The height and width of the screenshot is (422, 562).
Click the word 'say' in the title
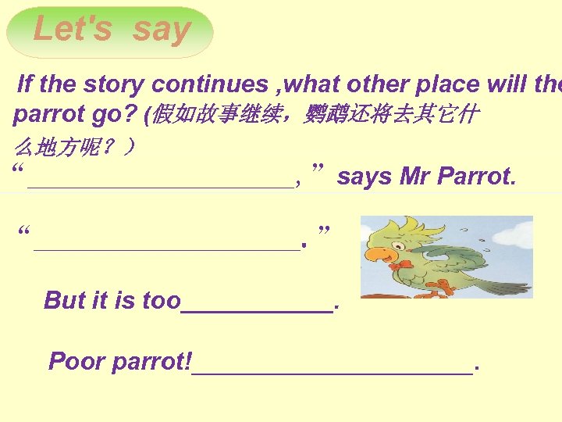pyautogui.click(x=162, y=30)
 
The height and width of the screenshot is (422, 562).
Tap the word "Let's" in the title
pyautogui.click(x=73, y=30)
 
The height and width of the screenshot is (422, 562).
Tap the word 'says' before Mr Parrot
pyautogui.click(x=365, y=177)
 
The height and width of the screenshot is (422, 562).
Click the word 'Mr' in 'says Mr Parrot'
pyautogui.click(x=414, y=177)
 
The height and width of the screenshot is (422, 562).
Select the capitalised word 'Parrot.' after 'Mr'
pyautogui.click(x=477, y=177)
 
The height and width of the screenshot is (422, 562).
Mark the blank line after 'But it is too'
pyautogui.click(x=257, y=310)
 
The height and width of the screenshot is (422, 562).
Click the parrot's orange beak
pyautogui.click(x=377, y=255)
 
